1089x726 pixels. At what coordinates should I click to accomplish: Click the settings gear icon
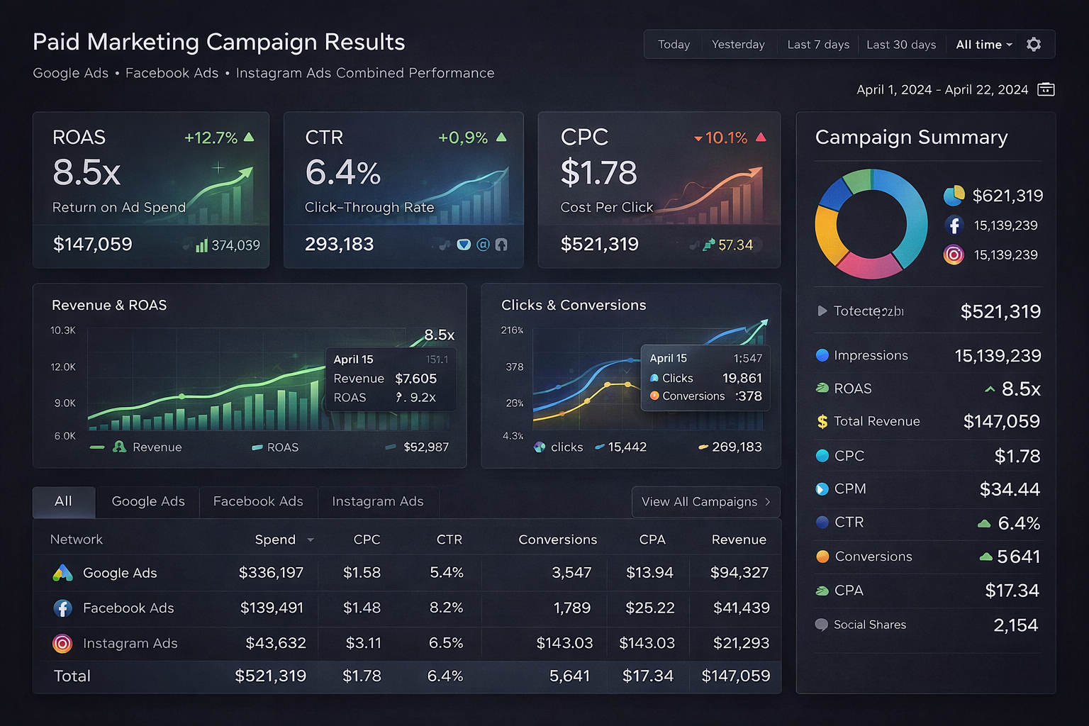(x=1034, y=45)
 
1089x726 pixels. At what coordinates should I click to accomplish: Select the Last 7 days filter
(x=818, y=45)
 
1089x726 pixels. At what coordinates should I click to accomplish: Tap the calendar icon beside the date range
(x=1046, y=89)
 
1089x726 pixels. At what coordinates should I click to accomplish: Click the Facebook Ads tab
(x=258, y=501)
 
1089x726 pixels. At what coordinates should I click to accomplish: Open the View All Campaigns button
(x=705, y=502)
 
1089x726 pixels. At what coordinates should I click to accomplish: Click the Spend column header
(x=275, y=540)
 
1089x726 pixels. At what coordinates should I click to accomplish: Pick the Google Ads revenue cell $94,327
(x=739, y=572)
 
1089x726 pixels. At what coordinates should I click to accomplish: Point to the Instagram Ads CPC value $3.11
(x=363, y=643)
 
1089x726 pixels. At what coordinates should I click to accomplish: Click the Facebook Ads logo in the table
(x=62, y=608)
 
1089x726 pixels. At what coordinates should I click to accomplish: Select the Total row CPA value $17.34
(x=647, y=676)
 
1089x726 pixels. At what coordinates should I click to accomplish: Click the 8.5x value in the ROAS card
(x=86, y=172)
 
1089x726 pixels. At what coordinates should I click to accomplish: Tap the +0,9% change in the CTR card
(x=463, y=138)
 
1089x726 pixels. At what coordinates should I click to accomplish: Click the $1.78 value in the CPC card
(x=598, y=173)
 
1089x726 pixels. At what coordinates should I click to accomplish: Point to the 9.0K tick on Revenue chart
(x=65, y=403)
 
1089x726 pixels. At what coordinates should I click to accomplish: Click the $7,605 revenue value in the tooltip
(x=415, y=379)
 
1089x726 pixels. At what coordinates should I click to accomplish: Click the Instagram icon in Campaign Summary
(x=954, y=255)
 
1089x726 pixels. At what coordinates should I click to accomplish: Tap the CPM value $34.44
(x=1010, y=489)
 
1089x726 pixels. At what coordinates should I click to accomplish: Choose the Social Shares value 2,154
(x=1015, y=625)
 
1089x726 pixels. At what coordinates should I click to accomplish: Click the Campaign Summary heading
(x=911, y=138)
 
